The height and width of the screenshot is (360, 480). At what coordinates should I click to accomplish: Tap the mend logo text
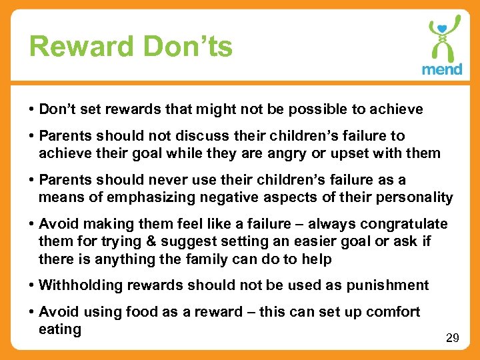pos(441,69)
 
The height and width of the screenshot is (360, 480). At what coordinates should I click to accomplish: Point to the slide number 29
pos(452,339)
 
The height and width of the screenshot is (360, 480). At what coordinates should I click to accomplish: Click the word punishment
pos(387,285)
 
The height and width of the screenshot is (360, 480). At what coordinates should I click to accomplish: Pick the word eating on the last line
pos(60,329)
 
